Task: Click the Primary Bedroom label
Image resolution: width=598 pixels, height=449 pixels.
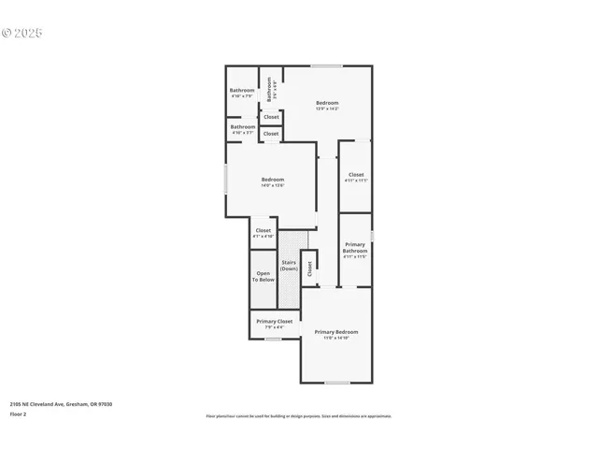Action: (335, 331)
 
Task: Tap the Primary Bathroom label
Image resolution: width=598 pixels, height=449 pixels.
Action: (355, 247)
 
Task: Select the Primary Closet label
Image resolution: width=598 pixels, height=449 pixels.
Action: (274, 321)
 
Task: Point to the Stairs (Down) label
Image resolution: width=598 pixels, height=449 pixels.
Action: (289, 265)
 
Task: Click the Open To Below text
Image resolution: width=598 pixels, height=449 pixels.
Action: (264, 276)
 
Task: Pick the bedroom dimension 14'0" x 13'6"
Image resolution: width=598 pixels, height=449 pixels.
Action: (273, 185)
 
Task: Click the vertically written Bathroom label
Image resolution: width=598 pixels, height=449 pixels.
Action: (269, 89)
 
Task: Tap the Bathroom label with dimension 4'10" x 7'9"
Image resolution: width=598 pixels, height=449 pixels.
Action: (242, 90)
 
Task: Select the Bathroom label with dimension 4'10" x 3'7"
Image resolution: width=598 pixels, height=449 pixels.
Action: (243, 126)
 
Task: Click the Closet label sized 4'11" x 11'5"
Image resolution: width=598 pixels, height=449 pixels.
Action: (356, 174)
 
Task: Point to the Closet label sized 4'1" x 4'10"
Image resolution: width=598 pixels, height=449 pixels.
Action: (263, 230)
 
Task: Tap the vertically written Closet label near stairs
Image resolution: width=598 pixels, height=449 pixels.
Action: (309, 268)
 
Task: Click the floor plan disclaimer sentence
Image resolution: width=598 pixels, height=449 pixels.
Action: (298, 416)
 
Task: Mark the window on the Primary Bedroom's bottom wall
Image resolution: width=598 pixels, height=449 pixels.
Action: (336, 383)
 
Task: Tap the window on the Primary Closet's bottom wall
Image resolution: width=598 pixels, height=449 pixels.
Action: (272, 339)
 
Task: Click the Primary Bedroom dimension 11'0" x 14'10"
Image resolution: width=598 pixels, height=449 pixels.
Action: (335, 338)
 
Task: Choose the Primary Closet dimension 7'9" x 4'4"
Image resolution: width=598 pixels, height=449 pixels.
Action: (274, 326)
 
